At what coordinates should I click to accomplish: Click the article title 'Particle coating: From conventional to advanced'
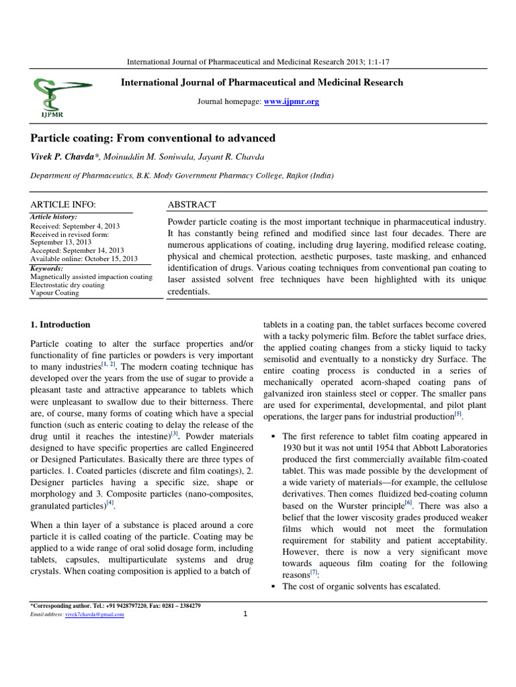tap(153, 138)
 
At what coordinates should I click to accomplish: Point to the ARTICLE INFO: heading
tap(64, 205)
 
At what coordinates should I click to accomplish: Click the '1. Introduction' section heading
tap(60, 325)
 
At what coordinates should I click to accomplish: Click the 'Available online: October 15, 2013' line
tap(84, 258)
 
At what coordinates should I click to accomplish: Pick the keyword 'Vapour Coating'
tap(54, 293)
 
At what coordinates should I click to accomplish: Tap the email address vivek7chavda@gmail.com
tap(94, 615)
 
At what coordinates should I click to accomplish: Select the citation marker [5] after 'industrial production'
tap(458, 414)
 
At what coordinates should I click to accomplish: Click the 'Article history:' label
tap(54, 217)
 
